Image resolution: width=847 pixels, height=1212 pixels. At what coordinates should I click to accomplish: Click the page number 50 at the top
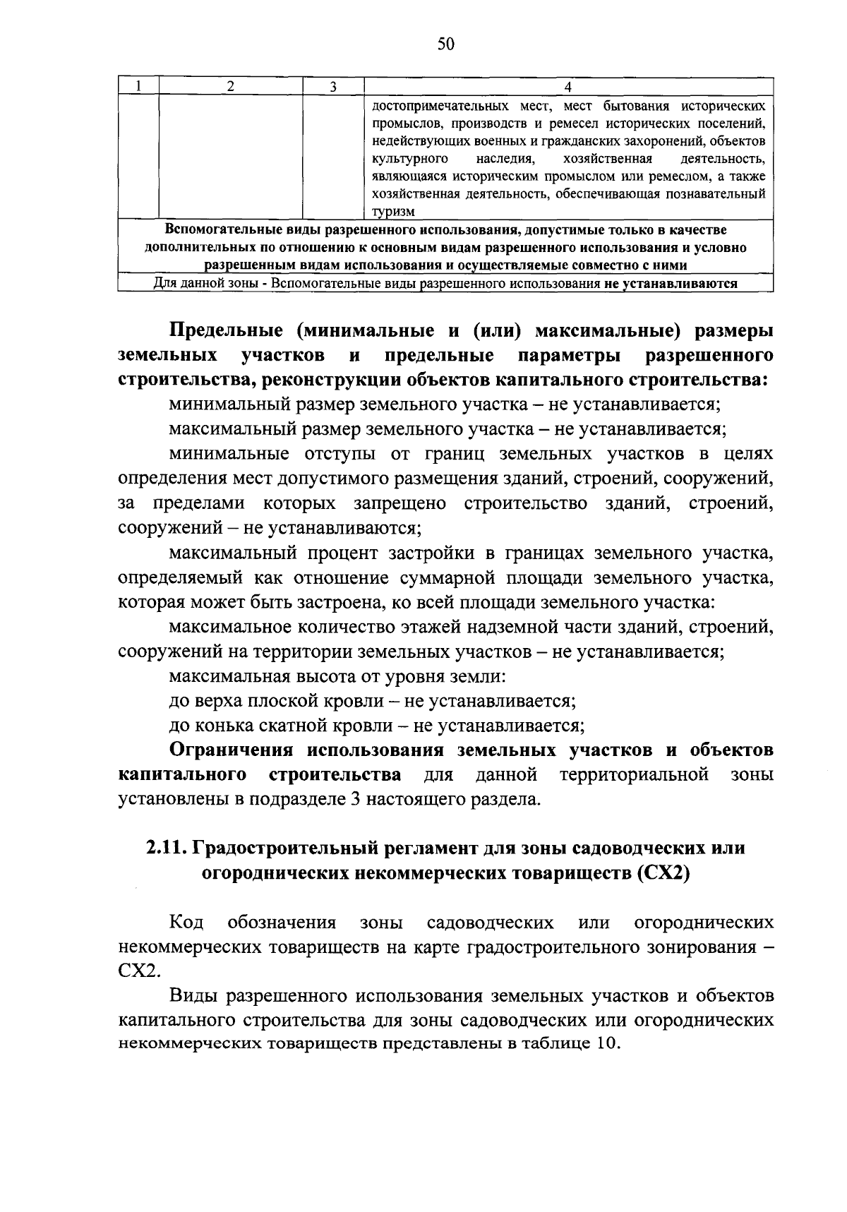pyautogui.click(x=446, y=44)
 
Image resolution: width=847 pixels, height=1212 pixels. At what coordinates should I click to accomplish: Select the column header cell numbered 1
pyautogui.click(x=139, y=86)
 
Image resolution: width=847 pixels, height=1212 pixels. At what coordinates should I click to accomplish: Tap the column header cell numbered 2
pyautogui.click(x=231, y=86)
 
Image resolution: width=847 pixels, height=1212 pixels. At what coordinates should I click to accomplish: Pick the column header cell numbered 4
pyautogui.click(x=568, y=86)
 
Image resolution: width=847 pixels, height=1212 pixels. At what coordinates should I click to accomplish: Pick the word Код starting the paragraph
pyautogui.click(x=186, y=923)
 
